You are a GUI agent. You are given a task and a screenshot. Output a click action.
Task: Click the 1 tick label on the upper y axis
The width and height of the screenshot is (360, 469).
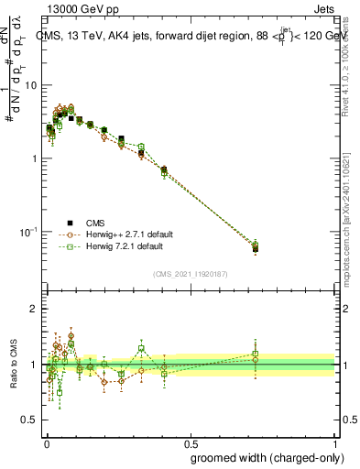[34, 158]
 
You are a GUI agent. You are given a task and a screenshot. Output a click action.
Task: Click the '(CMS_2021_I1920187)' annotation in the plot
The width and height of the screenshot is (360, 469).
[190, 274]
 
